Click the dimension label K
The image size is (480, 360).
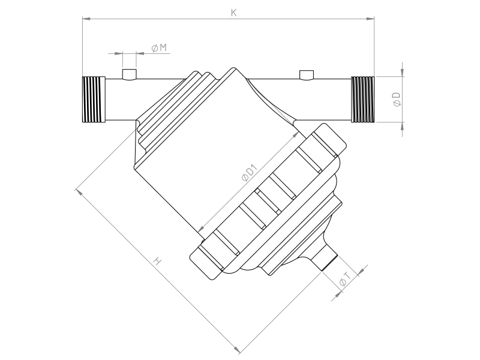pyautogui.click(x=233, y=13)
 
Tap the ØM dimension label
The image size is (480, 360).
pyautogui.click(x=159, y=47)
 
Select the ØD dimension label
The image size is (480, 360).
pyautogui.click(x=397, y=99)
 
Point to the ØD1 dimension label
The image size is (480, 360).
pyautogui.click(x=249, y=173)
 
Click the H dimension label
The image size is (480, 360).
pyautogui.click(x=157, y=261)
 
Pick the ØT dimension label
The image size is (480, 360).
pyautogui.click(x=345, y=279)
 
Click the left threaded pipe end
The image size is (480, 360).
pyautogui.click(x=94, y=99)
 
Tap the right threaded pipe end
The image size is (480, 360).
pyautogui.click(x=362, y=99)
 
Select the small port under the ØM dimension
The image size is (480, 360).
pyautogui.click(x=129, y=74)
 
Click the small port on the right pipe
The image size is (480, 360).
pyautogui.click(x=307, y=75)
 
